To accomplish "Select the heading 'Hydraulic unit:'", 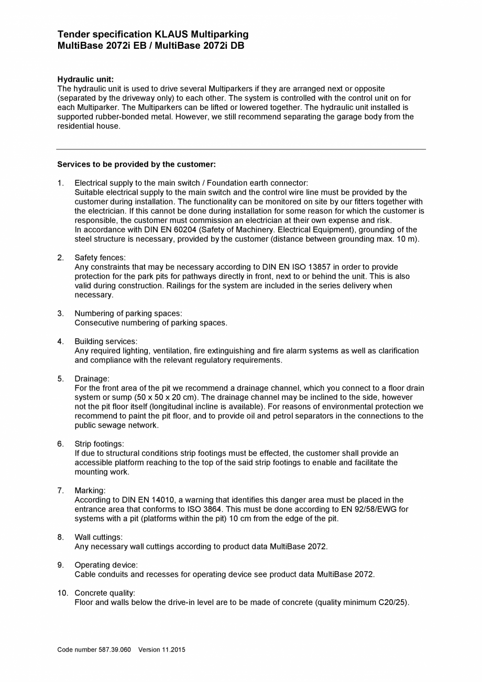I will coord(85,80).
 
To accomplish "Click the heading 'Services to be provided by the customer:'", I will coord(136,164).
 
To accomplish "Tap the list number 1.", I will coord(60,183).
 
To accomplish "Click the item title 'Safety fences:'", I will coord(100,257).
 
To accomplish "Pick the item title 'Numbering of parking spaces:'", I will coord(128,313).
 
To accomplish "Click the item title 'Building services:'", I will coord(106,341).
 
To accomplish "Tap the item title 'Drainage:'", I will coord(92,378).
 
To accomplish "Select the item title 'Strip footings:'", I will coord(99,444).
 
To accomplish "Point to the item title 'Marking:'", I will coord(90,491).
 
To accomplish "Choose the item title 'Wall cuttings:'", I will coord(98,537).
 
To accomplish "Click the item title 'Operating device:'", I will coord(106,565).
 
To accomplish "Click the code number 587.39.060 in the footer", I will coord(115,650).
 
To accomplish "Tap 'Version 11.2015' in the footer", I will coord(162,650).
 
